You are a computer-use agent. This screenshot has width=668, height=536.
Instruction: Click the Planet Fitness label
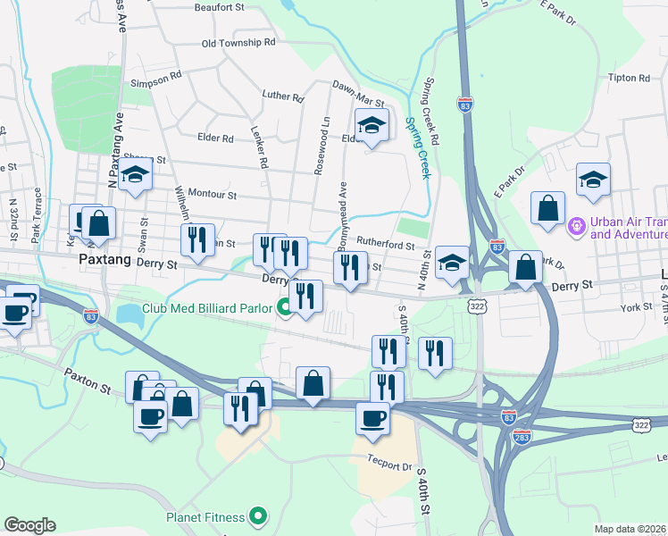[205, 515]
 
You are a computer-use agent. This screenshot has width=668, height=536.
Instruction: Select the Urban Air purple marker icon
[577, 227]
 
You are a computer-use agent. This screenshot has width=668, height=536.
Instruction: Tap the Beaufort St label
[219, 7]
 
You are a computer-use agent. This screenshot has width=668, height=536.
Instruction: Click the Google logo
[29, 525]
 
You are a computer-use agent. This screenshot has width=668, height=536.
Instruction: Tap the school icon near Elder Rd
[372, 126]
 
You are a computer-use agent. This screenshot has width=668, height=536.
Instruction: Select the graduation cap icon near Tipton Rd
[593, 180]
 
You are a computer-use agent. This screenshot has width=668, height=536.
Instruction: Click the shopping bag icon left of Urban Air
[547, 207]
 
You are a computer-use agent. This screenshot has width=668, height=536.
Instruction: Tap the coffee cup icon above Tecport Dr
[372, 416]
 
